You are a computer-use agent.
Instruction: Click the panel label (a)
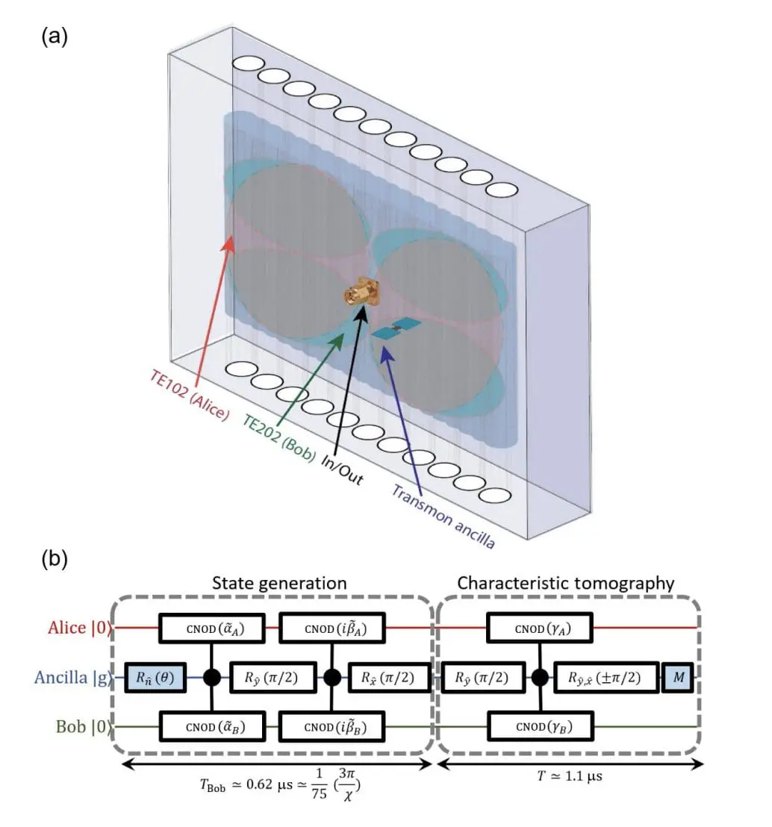[55, 37]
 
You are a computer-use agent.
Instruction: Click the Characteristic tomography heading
[566, 583]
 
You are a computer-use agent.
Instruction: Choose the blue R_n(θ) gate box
[156, 678]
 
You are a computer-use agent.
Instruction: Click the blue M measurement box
[679, 678]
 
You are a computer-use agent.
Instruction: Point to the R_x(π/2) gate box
[390, 678]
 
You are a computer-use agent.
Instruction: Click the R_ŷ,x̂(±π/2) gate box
[606, 678]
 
